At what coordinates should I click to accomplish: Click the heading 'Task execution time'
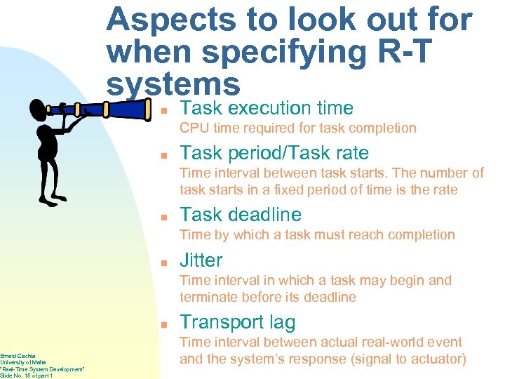pos(267,108)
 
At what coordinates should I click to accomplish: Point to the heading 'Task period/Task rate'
pos(274,153)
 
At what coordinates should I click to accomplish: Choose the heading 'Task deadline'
pos(241,215)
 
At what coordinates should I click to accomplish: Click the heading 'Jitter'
pos(201,260)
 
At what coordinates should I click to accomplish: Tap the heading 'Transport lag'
pos(238,322)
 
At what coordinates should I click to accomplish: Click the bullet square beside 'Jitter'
pos(161,262)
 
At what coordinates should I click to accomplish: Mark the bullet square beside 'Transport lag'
pos(161,324)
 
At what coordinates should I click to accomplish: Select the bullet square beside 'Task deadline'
pos(161,217)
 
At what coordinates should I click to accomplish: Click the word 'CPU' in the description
pos(194,128)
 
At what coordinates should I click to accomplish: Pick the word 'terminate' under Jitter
pos(208,297)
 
